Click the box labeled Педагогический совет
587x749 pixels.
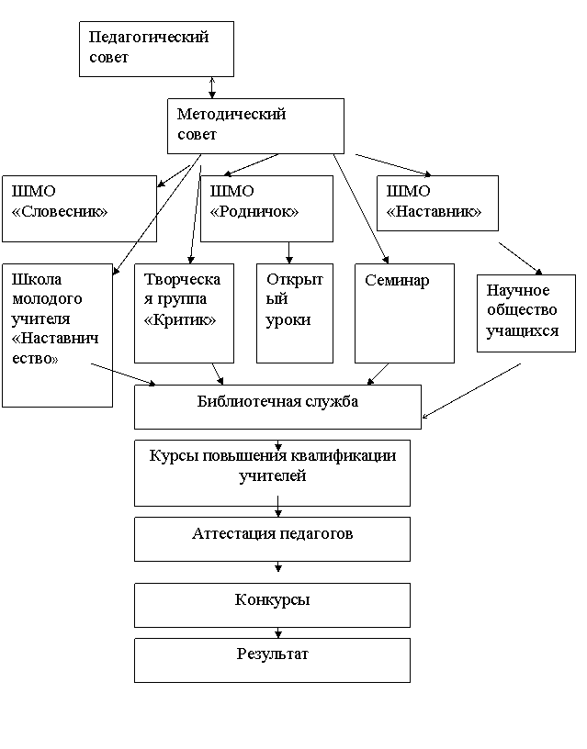click(x=156, y=49)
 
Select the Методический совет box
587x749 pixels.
click(x=255, y=126)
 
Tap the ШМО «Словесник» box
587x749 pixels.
click(x=79, y=208)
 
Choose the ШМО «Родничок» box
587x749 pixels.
click(x=266, y=208)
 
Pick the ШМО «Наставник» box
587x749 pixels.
click(x=437, y=203)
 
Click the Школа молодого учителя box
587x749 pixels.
click(x=57, y=335)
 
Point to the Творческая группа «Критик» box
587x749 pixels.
click(x=184, y=313)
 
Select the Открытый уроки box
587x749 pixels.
click(x=295, y=313)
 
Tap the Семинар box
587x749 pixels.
click(x=404, y=313)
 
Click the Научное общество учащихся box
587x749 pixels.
click(x=526, y=313)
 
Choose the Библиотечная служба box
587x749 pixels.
click(x=277, y=407)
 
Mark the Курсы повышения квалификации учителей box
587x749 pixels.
click(x=272, y=473)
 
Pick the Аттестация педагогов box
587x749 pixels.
click(x=272, y=539)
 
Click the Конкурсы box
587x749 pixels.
click(x=272, y=605)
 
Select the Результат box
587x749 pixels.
click(x=272, y=661)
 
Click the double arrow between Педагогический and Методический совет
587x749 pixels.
click(x=212, y=88)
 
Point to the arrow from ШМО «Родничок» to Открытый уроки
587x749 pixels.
click(x=288, y=252)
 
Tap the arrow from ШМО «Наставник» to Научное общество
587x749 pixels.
click(x=521, y=259)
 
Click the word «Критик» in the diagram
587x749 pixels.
click(x=180, y=319)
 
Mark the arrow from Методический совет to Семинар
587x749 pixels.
click(x=361, y=208)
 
